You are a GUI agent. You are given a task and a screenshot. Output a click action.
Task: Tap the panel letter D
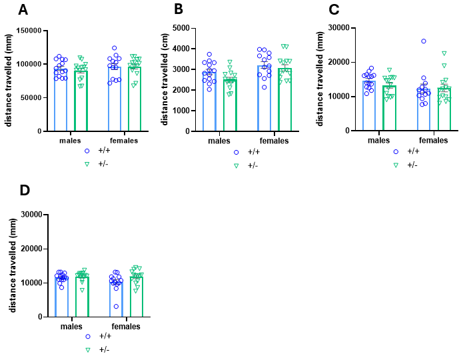pos(25,191)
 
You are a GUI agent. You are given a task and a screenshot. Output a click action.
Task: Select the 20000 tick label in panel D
pos(31,249)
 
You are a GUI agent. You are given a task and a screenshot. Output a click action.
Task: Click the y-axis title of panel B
pos(165,80)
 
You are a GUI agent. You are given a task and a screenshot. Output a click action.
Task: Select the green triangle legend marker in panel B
pos(236,164)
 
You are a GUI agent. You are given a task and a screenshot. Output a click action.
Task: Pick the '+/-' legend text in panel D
pos(104,349)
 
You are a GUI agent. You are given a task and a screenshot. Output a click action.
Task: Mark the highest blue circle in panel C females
pos(424,41)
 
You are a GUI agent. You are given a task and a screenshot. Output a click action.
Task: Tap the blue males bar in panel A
pos(61,100)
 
